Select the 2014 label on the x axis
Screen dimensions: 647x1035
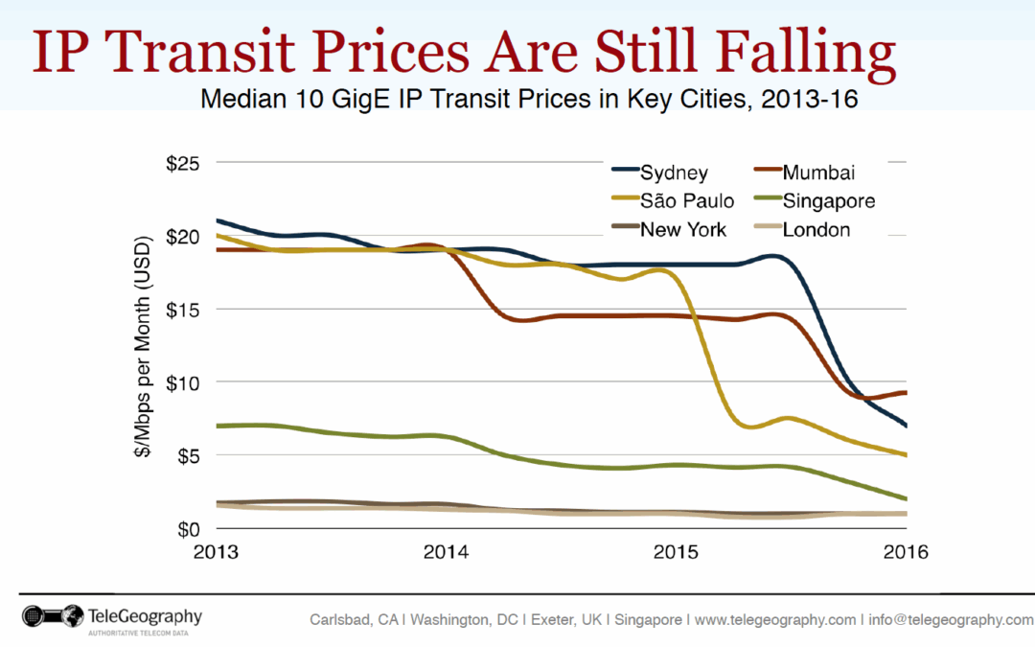click(447, 553)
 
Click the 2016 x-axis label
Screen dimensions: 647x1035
click(906, 553)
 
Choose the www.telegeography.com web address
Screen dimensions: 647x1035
click(774, 620)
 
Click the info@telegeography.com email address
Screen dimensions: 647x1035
click(951, 620)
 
